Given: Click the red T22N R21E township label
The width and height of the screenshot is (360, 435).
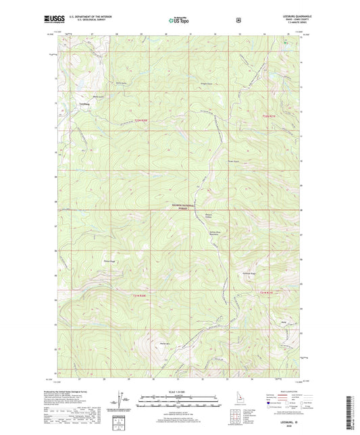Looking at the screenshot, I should pos(268,116).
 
